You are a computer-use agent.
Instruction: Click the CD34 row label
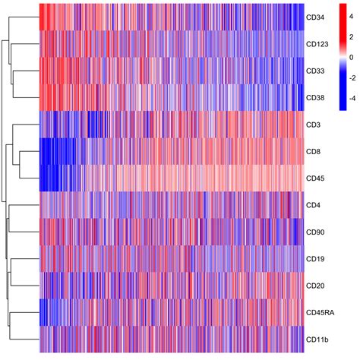tap(313, 17)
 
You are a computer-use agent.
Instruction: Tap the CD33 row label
tap(313, 71)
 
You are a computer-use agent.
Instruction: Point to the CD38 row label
tap(313, 97)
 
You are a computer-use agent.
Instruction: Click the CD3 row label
tap(311, 125)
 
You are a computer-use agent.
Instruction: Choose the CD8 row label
tap(311, 151)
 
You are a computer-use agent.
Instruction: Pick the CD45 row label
tap(313, 178)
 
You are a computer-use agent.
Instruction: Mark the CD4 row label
tap(311, 205)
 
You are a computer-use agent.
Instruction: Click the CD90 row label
tap(313, 232)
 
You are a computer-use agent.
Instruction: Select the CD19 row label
tap(313, 259)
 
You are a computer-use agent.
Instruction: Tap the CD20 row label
tap(313, 286)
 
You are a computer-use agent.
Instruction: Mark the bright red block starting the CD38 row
tap(49, 97)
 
